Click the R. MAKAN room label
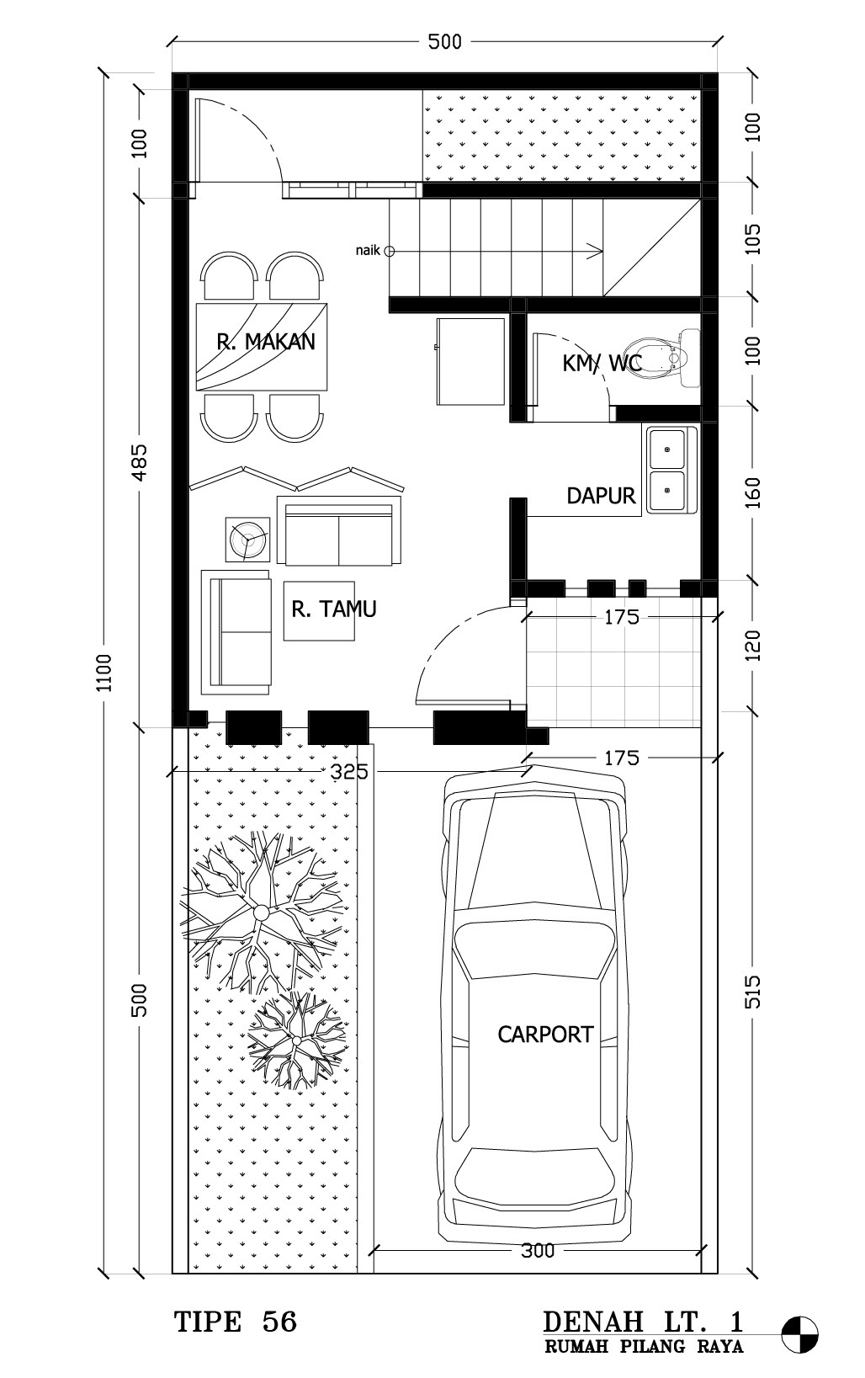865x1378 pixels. pyautogui.click(x=266, y=342)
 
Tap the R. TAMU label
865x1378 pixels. pyautogui.click(x=334, y=609)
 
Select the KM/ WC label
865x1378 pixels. pyautogui.click(x=602, y=363)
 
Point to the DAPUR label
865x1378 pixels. pyautogui.click(x=601, y=496)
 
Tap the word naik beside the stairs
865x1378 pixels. pyautogui.click(x=368, y=250)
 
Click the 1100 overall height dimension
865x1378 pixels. pyautogui.click(x=105, y=673)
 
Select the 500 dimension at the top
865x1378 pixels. pyautogui.click(x=444, y=42)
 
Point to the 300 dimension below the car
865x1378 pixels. pyautogui.click(x=538, y=1250)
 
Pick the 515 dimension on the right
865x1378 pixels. pyautogui.click(x=752, y=992)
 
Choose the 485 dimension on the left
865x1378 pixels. pyautogui.click(x=141, y=462)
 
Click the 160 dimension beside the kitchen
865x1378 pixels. pyautogui.click(x=752, y=492)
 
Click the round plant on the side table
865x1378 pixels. pyautogui.click(x=248, y=539)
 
